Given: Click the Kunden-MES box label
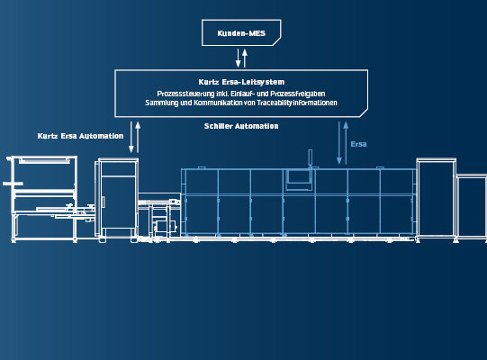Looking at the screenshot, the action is (x=241, y=33).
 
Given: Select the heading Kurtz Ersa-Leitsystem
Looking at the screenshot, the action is (x=241, y=82).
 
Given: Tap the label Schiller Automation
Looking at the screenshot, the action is (x=241, y=126).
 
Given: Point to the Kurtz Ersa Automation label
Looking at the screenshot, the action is (x=80, y=136).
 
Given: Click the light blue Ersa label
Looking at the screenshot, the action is (x=359, y=144).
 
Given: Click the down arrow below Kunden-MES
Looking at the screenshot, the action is (x=239, y=58).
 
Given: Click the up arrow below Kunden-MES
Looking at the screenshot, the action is (x=245, y=58).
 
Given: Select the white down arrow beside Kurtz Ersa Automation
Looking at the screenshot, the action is (x=131, y=137).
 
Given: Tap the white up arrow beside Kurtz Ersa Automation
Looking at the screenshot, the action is (x=138, y=137).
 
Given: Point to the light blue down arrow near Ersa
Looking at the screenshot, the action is (x=339, y=143).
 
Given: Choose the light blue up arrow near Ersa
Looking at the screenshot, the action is (x=346, y=143).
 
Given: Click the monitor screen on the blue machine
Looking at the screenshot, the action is (x=299, y=176).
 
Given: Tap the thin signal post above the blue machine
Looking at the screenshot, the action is (x=310, y=158).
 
